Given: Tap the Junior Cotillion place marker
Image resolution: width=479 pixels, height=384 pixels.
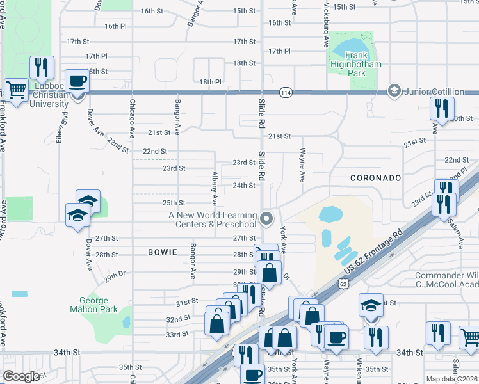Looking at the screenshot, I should point(394,91).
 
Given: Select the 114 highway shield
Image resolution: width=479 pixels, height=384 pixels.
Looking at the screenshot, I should point(286,92).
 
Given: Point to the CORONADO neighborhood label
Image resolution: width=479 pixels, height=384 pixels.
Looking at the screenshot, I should point(375,177).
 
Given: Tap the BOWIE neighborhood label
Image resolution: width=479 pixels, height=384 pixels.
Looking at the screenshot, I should point(162,252).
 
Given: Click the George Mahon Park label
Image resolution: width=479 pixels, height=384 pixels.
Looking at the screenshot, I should point(99,305).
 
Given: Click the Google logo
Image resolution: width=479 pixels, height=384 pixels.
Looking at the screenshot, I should point(21,376).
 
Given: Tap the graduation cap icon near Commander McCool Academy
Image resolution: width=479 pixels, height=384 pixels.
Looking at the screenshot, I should point(371,305).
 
